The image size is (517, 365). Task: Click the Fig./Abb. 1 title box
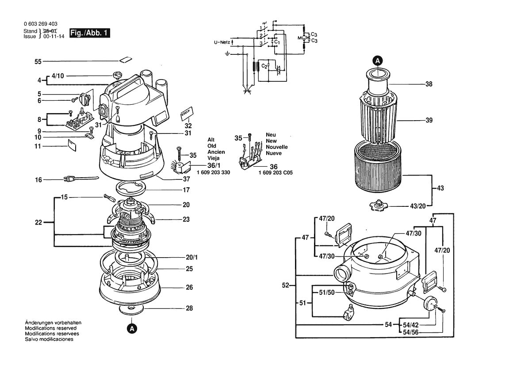click(x=90, y=33)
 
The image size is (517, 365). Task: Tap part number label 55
click(x=38, y=61)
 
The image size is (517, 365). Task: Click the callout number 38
click(x=429, y=84)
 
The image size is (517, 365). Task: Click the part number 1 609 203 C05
click(x=276, y=172)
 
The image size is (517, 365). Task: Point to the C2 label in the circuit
click(x=264, y=66)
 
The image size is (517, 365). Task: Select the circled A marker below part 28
click(x=131, y=328)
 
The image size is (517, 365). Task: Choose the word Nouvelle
click(x=276, y=147)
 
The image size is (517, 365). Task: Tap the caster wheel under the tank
click(x=347, y=315)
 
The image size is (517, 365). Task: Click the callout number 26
click(x=189, y=287)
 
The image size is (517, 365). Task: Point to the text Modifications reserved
click(x=50, y=328)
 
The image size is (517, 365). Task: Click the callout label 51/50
click(x=326, y=293)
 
